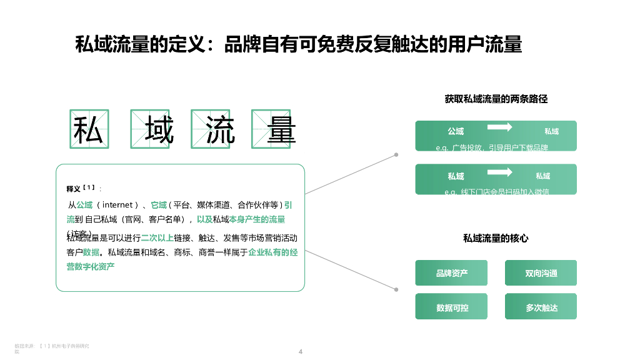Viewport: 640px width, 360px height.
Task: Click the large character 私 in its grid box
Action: (x=88, y=129)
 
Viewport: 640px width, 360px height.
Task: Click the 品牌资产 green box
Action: (x=451, y=273)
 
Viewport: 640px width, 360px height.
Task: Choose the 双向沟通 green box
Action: (x=541, y=273)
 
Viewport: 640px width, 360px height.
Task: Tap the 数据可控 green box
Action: (x=451, y=307)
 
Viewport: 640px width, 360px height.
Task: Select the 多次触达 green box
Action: (x=541, y=307)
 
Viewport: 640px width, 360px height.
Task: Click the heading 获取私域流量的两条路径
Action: (x=496, y=99)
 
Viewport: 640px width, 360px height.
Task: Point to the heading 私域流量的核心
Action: (x=496, y=238)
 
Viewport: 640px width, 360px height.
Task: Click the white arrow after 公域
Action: (x=500, y=127)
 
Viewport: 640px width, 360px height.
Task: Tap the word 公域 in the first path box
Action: (x=456, y=131)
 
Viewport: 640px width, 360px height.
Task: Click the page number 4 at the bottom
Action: (x=301, y=351)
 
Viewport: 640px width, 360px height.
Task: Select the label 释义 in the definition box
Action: (x=73, y=189)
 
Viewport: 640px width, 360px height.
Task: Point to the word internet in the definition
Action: (x=117, y=204)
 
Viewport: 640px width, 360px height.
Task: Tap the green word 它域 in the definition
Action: (x=159, y=204)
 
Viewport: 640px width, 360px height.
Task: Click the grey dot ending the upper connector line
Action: (x=396, y=154)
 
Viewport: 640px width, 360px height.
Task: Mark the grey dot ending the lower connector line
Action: (x=396, y=289)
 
